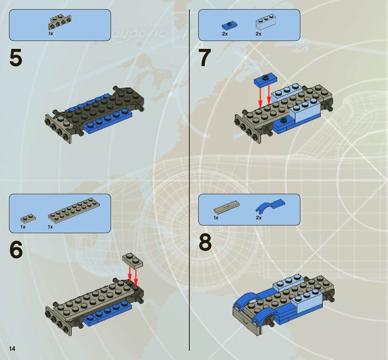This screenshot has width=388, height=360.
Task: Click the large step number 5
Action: point(16,58)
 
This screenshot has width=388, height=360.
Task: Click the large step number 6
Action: point(16,250)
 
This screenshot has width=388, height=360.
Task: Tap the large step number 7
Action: point(205,58)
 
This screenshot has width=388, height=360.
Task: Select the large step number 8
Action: point(205,243)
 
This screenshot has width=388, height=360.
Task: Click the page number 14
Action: point(12,349)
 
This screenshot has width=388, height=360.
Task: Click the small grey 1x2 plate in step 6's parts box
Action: point(28,218)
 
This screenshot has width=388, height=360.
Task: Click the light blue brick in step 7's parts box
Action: point(266,22)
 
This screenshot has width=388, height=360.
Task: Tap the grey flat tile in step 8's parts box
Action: point(227,206)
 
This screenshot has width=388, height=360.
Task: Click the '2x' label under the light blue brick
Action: point(258,34)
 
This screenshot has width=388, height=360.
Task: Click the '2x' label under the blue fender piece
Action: point(259,218)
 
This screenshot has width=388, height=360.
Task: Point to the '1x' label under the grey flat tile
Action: point(216,218)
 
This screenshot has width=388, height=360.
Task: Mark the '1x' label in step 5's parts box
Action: point(51,34)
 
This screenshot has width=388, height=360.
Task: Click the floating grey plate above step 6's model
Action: point(133,261)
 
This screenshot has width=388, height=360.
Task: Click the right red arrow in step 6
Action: point(136,276)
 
